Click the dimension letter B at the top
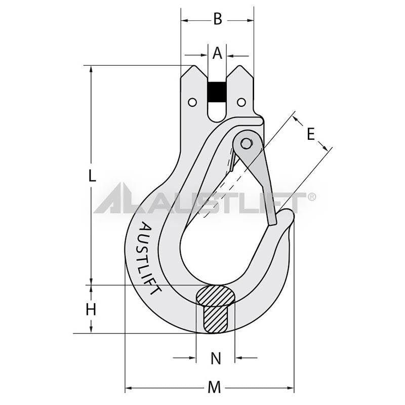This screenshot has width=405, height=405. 217,20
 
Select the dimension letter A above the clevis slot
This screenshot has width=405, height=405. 217,53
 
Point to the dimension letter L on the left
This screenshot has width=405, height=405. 91,176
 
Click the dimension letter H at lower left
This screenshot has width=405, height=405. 91,309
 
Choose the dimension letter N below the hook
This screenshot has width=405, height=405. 216,358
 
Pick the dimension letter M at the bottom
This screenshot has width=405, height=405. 215,388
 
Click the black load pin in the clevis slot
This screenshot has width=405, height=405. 217,92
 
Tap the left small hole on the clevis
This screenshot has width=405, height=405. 192,103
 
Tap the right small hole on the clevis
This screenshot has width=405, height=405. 241,103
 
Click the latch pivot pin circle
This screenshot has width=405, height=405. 247,144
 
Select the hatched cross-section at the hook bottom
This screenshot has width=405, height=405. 216,309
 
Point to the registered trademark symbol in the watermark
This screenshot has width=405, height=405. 312,197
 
